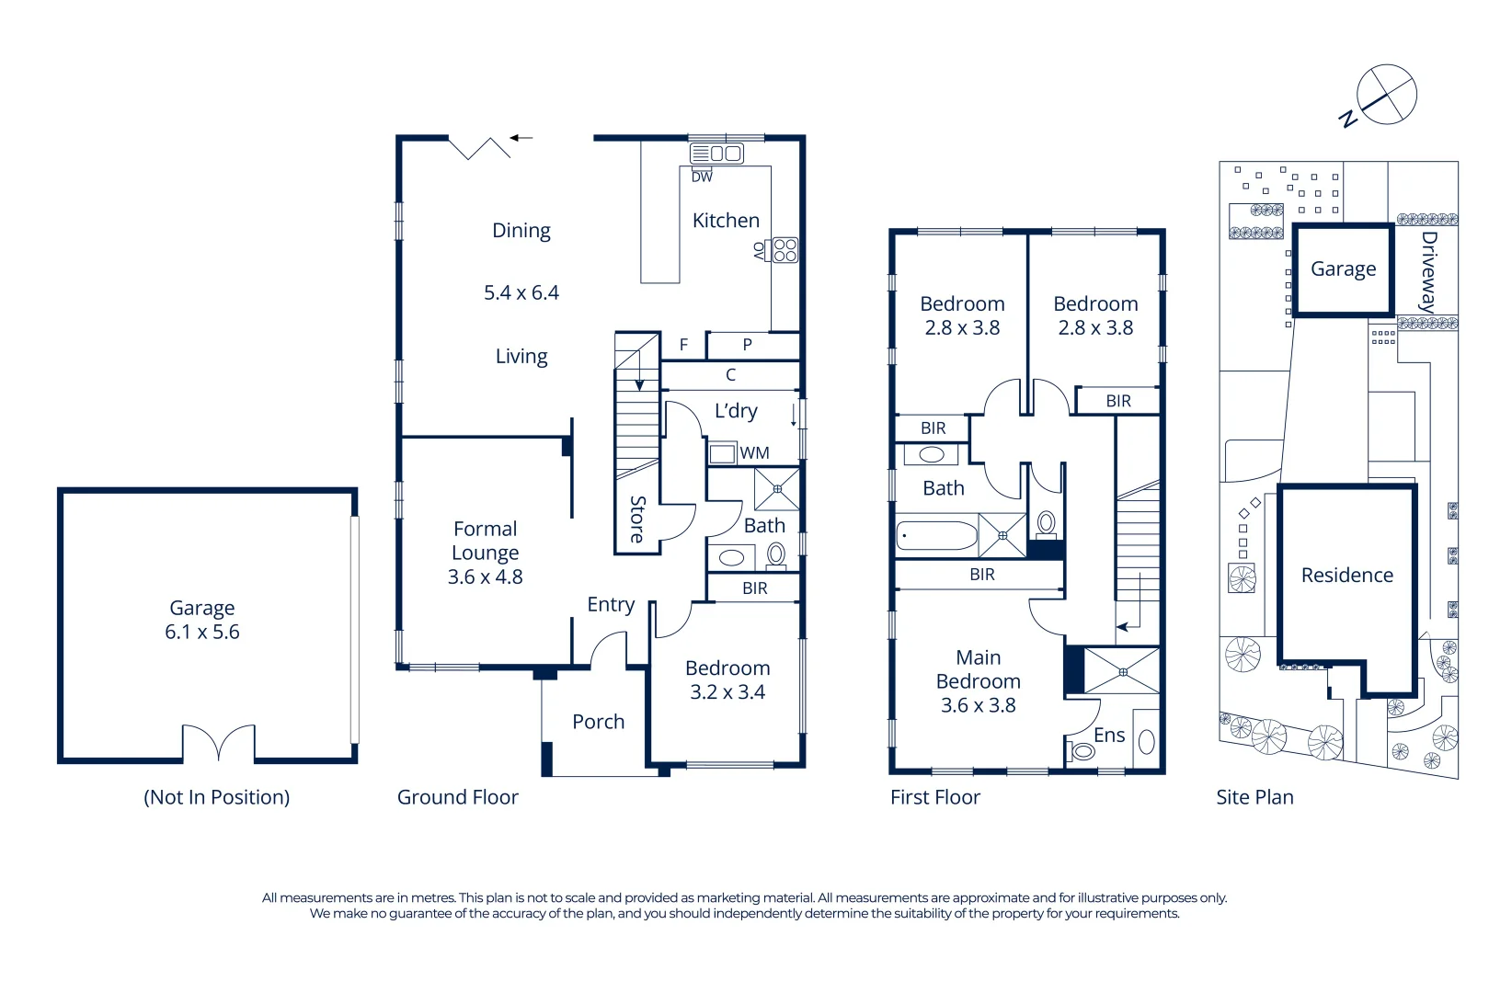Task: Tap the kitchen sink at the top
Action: pos(716,154)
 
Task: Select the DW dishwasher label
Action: pos(702,177)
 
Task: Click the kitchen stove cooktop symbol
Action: pos(785,250)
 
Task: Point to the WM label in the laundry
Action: pos(754,453)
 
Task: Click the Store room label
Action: pos(637,519)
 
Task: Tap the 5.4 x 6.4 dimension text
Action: pos(521,292)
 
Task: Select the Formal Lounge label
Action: pos(485,541)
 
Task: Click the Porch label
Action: pos(598,722)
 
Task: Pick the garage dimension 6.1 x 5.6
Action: pos(202,633)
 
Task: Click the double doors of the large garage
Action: pos(219,743)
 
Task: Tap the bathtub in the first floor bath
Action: pos(936,536)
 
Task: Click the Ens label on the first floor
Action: pos(1109,736)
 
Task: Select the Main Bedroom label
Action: pos(978,669)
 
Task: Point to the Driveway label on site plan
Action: pos(1428,271)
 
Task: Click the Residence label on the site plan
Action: pos(1346,576)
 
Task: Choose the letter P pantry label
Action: pos(748,345)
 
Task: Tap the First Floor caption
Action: pos(934,797)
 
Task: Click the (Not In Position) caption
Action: pos(217,797)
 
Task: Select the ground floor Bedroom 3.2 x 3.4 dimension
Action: pos(727,692)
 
